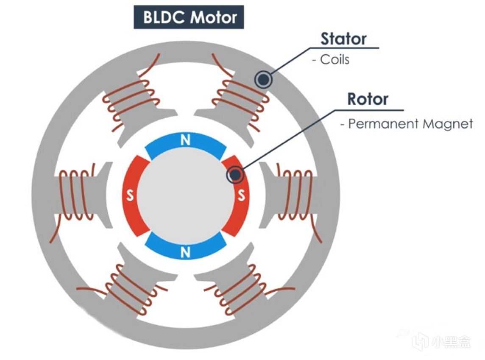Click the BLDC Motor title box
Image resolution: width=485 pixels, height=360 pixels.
coord(189,17)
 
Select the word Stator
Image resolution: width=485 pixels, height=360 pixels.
coord(343,39)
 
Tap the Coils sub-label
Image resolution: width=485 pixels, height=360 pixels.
coord(334,59)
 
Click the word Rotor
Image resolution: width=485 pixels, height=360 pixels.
coord(368,99)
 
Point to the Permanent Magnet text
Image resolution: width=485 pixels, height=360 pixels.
coord(410,124)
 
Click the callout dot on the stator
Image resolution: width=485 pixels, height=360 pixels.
coord(263,79)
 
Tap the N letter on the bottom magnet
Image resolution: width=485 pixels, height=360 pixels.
coord(185,252)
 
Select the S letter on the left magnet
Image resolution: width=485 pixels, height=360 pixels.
coord(130,196)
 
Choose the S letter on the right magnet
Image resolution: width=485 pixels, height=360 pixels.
coord(241,196)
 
